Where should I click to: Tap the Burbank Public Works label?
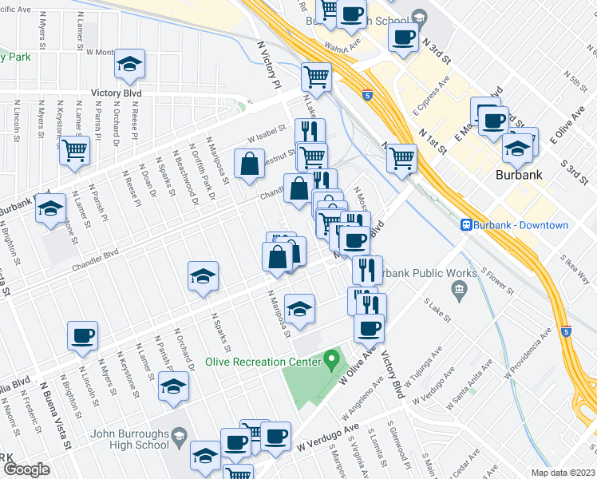pos(416,274)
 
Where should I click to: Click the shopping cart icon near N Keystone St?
pos(74,150)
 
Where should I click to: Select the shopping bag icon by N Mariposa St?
pos(250,164)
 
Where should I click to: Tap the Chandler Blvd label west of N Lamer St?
pos(94,259)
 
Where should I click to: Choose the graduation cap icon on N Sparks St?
pos(203,277)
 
